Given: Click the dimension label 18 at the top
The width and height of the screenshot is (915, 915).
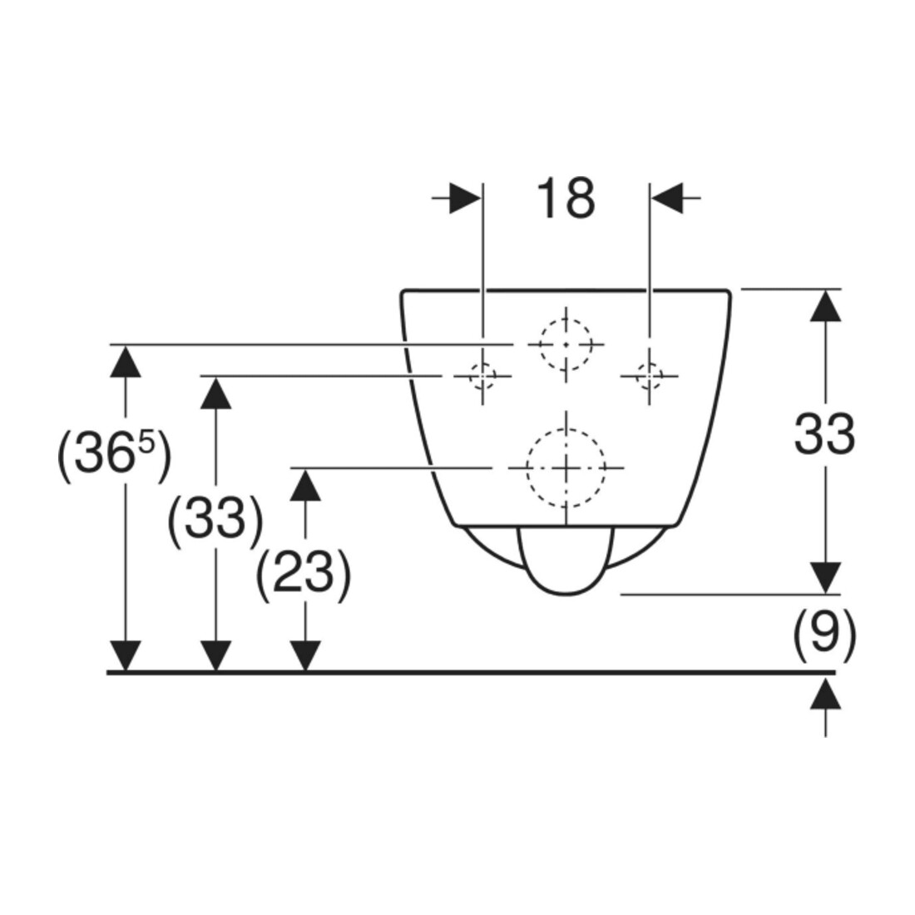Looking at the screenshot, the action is point(566,199).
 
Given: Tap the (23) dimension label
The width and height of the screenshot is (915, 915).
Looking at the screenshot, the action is point(304,571).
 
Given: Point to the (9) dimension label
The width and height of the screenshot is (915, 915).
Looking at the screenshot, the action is point(824,632).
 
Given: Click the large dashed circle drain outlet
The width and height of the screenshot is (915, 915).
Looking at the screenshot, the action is point(566,467).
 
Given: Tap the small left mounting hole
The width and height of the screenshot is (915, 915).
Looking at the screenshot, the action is point(482,375).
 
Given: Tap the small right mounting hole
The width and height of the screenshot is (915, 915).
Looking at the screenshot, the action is point(649,375).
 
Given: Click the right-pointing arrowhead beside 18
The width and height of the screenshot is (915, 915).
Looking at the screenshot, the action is point(465,199).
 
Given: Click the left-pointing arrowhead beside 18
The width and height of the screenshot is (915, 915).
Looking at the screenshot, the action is point(668,199).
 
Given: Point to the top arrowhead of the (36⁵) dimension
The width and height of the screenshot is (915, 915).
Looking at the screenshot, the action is point(126,361).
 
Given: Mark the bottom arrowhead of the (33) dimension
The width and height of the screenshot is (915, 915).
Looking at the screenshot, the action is point(216,656).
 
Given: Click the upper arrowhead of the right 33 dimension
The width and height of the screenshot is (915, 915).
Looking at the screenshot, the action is point(825,305).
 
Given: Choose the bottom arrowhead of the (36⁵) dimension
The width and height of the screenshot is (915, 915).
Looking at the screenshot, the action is point(126,656).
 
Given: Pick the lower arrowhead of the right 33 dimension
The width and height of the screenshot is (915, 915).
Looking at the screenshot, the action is point(825,578).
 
